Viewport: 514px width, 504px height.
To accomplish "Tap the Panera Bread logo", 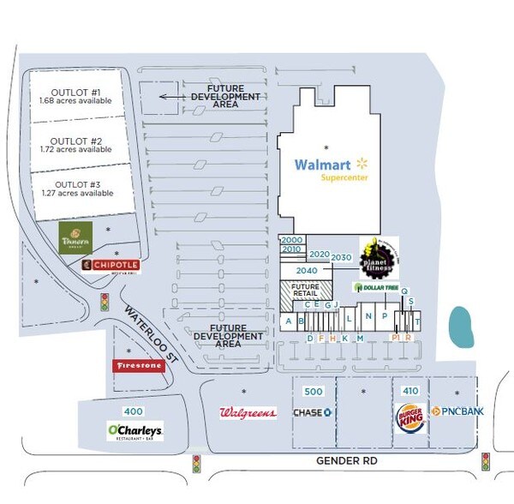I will (x=75, y=237).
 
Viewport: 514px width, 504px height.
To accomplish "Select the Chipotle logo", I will (x=110, y=266).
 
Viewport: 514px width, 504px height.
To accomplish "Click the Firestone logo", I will (x=138, y=366).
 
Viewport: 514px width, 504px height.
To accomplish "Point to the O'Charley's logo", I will (x=134, y=430).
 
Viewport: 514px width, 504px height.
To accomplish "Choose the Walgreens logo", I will (x=248, y=413).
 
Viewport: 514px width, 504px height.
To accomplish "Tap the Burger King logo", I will (x=409, y=419).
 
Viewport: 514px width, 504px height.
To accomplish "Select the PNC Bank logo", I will (x=458, y=412).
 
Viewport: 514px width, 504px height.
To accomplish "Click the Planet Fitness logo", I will (x=377, y=256).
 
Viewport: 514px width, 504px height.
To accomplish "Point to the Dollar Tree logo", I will (x=376, y=286).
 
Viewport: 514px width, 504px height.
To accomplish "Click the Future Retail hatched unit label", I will (x=305, y=290).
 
